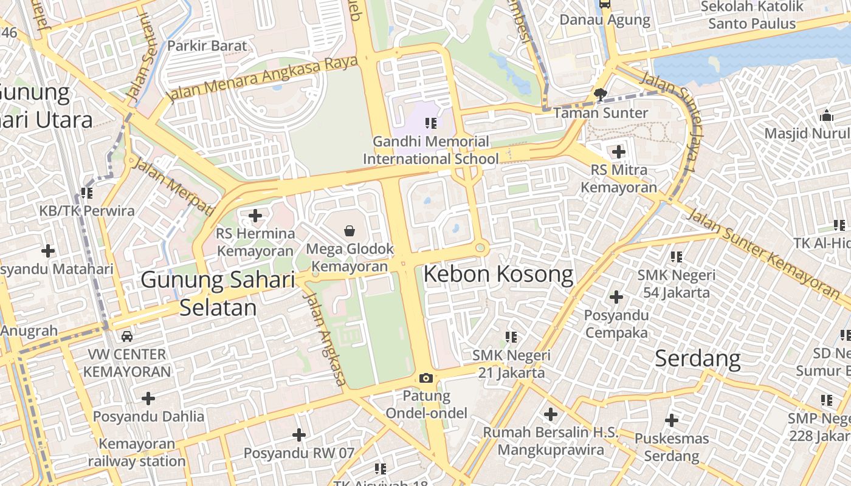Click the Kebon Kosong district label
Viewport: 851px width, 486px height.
(x=498, y=275)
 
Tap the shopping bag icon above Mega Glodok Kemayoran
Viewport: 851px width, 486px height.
(x=350, y=231)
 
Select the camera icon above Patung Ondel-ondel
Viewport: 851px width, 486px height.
(x=426, y=378)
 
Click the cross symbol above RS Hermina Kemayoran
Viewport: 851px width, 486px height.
(x=255, y=215)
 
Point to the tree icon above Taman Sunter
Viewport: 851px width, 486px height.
(x=601, y=94)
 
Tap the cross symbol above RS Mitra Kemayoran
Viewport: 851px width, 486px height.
(x=619, y=151)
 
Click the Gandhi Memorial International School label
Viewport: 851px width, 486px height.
(x=431, y=150)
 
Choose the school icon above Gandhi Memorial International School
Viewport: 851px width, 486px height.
(x=431, y=123)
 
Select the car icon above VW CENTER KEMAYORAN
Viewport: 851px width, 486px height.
(x=127, y=336)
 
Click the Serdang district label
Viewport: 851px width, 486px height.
(x=697, y=358)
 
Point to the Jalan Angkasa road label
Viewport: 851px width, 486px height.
(x=325, y=339)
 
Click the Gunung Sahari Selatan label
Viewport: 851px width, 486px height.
(x=218, y=294)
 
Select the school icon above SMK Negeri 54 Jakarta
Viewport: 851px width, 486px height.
(x=677, y=257)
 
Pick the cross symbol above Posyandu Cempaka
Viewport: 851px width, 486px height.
(x=616, y=297)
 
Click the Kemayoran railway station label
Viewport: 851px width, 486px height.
(x=137, y=453)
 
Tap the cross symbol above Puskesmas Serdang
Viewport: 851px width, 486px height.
(x=672, y=420)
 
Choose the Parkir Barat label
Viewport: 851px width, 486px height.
(x=207, y=46)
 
